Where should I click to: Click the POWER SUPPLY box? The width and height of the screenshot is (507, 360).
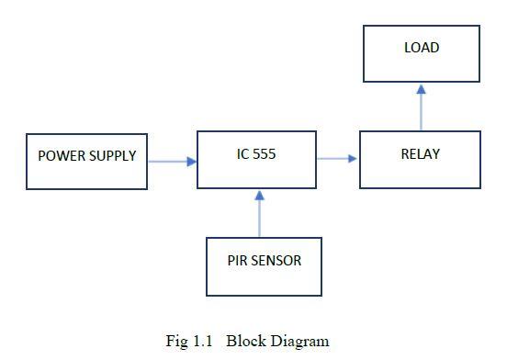click(86, 161)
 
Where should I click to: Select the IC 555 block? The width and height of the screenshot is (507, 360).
click(256, 159)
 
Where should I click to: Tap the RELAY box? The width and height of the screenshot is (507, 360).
click(419, 159)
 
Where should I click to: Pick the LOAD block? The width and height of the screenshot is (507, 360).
click(421, 53)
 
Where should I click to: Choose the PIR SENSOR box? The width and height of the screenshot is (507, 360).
click(264, 266)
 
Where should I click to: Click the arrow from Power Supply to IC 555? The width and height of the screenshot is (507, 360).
click(172, 162)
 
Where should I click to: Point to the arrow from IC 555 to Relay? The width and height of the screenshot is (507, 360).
click(337, 159)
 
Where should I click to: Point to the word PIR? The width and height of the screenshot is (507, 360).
click(238, 260)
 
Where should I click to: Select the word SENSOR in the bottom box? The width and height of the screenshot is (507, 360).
click(276, 260)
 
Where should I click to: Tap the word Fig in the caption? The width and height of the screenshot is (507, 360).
click(176, 341)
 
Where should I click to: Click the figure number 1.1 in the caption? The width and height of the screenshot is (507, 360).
click(202, 341)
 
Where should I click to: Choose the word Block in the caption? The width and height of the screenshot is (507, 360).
click(245, 341)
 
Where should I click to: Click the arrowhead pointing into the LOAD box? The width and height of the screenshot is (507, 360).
click(421, 89)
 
